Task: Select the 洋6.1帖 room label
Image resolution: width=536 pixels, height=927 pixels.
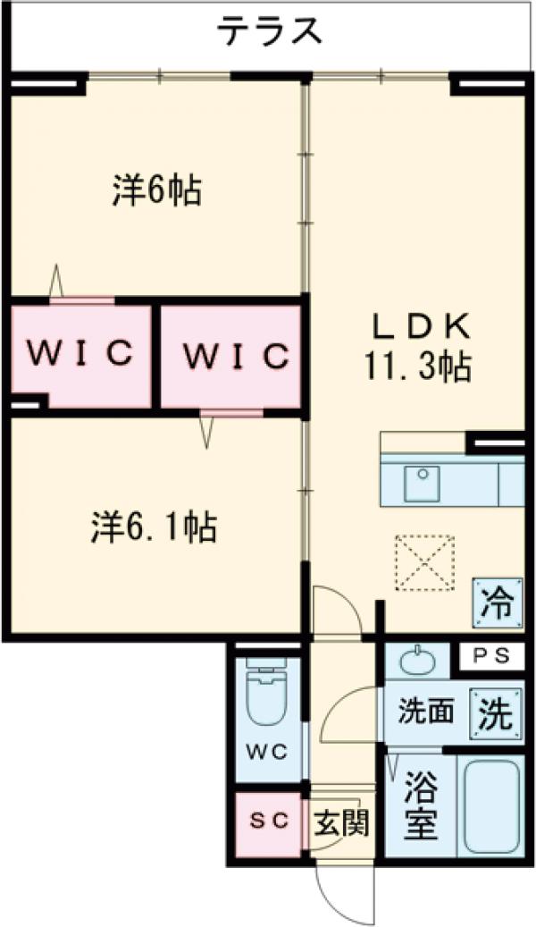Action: pos(153,527)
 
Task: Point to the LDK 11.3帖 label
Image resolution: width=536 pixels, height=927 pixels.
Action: pos(421,349)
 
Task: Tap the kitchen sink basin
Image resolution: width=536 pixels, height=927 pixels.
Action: pos(419,484)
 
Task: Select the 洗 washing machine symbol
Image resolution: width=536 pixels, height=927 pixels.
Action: pos(494,714)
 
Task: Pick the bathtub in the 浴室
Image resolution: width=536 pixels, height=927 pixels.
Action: pos(490,805)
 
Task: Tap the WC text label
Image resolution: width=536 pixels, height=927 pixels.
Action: pos(264,752)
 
